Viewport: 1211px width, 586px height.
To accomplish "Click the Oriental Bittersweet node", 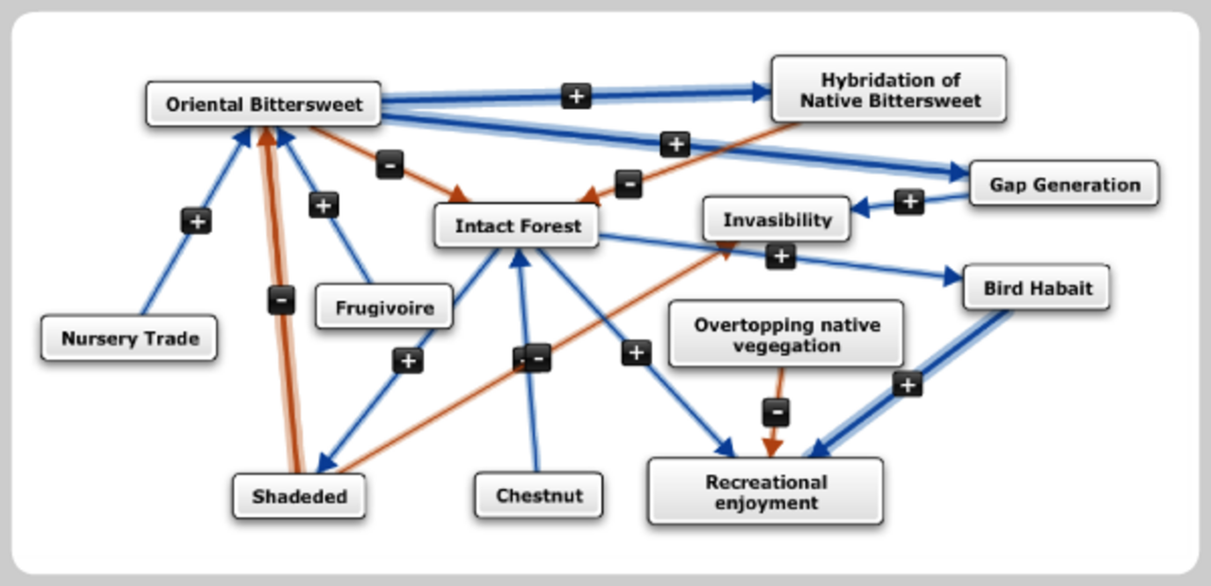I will tap(263, 104).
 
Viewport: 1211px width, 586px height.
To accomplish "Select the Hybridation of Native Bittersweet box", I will tap(888, 90).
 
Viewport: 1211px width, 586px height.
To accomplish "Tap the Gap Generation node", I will tap(1063, 184).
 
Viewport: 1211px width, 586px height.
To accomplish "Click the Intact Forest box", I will tap(517, 226).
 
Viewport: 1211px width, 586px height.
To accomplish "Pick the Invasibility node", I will tap(777, 220).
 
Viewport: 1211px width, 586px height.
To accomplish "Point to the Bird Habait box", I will tap(1036, 288).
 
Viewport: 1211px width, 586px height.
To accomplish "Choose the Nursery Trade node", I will tap(129, 338).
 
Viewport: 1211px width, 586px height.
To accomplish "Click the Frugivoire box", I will tap(384, 307).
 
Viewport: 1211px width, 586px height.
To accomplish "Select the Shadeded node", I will tap(299, 496).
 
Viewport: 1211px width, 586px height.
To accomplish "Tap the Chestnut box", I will tap(538, 495).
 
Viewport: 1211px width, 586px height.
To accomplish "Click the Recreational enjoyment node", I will tap(765, 492).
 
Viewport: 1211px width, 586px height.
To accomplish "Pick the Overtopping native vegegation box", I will tap(786, 335).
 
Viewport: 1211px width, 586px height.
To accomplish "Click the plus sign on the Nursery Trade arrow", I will tap(197, 222).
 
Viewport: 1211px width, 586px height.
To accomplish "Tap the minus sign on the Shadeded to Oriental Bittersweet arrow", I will tap(281, 301).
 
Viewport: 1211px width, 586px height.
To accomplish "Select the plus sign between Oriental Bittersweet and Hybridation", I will tap(575, 95).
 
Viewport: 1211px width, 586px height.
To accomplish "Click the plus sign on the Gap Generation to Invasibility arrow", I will tap(908, 201).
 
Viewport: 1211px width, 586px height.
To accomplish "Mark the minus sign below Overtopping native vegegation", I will tap(775, 412).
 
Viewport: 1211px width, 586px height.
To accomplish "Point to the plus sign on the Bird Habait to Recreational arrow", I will tap(906, 383).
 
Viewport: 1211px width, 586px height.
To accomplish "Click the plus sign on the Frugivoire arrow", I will tap(324, 204).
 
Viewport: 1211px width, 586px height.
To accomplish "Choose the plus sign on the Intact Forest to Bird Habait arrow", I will tap(781, 256).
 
